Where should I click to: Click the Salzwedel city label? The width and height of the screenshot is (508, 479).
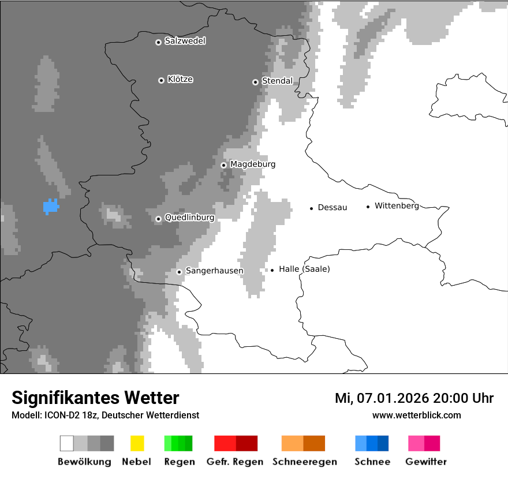185,41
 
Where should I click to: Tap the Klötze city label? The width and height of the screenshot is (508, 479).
180,79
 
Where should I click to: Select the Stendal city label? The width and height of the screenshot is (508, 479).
277,81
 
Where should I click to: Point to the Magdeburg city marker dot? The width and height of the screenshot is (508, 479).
223,165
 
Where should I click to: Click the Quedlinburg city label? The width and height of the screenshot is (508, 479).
189,218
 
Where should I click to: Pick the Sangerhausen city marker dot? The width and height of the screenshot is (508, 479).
179,272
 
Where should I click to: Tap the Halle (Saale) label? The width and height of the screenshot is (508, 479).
304,269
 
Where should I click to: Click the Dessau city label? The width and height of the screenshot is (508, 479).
333,207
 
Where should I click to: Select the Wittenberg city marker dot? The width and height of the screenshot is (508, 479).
368,207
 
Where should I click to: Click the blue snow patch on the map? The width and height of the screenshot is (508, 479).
51,207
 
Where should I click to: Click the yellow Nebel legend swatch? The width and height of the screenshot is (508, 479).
137,443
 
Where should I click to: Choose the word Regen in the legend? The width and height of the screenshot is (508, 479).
180,462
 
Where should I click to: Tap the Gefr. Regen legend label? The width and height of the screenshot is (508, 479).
234,462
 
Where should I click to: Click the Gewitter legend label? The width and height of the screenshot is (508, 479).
426,462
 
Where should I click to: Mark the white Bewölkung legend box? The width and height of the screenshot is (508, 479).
67,443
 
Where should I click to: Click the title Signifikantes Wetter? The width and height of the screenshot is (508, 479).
95,398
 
